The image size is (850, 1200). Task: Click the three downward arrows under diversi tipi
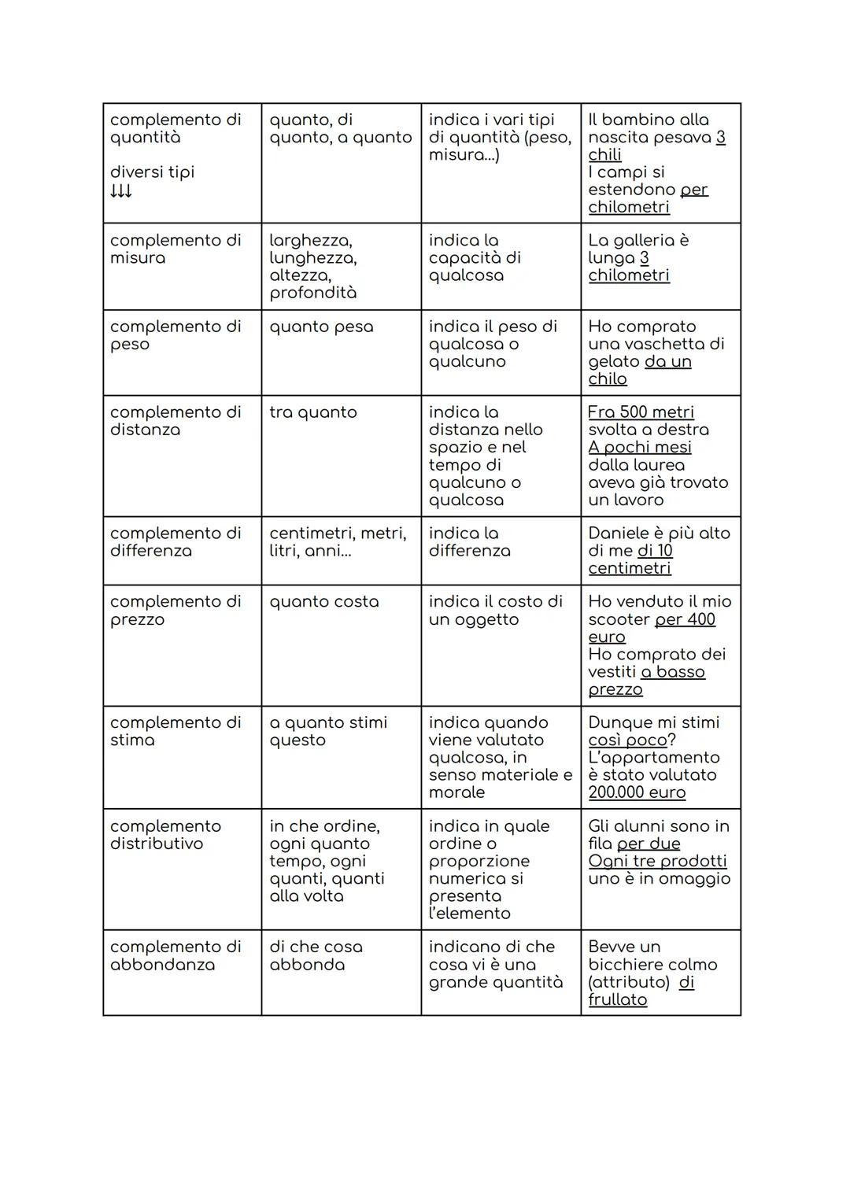pyautogui.click(x=121, y=191)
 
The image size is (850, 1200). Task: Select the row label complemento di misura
pyautogui.click(x=176, y=249)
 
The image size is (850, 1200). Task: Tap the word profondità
pyautogui.click(x=312, y=293)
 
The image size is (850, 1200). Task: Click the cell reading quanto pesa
pyautogui.click(x=321, y=327)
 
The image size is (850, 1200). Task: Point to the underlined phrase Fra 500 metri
pyautogui.click(x=641, y=412)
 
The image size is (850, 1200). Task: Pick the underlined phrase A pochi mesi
pyautogui.click(x=640, y=447)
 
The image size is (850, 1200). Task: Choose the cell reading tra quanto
pyautogui.click(x=313, y=412)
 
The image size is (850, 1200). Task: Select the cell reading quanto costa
pyautogui.click(x=323, y=602)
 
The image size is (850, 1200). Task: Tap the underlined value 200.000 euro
pyautogui.click(x=637, y=792)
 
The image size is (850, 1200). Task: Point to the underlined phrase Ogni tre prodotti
pyautogui.click(x=657, y=861)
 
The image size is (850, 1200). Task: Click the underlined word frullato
pyautogui.click(x=618, y=1000)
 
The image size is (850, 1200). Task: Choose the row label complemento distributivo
pyautogui.click(x=165, y=835)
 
